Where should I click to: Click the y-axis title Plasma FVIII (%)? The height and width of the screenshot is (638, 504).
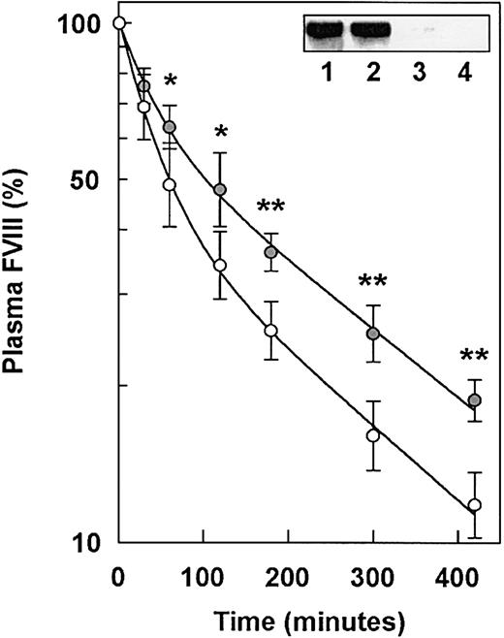[21, 291]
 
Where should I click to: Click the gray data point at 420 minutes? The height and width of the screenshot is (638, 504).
[474, 400]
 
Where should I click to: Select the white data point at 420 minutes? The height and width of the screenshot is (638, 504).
[474, 505]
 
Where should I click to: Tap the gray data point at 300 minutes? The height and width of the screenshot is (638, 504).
[372, 334]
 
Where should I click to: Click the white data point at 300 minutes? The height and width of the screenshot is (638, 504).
[372, 435]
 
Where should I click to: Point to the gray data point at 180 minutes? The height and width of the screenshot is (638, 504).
[270, 252]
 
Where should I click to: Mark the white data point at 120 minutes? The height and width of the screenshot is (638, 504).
[220, 265]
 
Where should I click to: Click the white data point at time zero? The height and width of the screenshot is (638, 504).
[117, 23]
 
